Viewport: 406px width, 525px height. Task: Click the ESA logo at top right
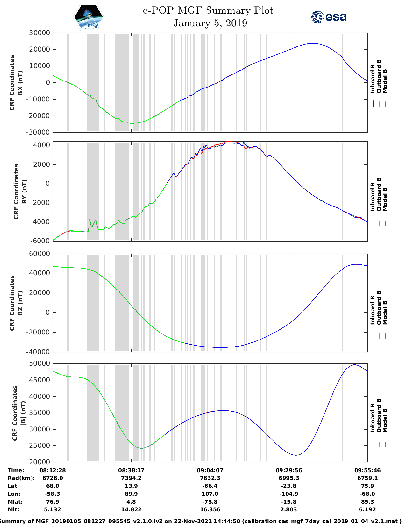click(x=329, y=17)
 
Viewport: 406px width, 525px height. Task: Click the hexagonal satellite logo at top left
click(x=89, y=17)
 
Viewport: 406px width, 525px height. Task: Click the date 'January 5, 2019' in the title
click(x=210, y=23)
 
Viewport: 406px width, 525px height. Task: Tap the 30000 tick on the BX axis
click(x=39, y=33)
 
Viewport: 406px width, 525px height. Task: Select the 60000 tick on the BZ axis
click(x=39, y=254)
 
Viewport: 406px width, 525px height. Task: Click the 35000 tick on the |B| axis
click(x=39, y=413)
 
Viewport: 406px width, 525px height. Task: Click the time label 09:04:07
click(x=210, y=470)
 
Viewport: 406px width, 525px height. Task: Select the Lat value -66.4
click(x=210, y=486)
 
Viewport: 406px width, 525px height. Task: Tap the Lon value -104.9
click(x=289, y=494)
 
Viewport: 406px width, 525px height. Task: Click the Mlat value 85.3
click(x=367, y=502)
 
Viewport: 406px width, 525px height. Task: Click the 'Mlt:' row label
click(x=13, y=509)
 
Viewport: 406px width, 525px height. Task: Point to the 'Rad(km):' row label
click(x=21, y=478)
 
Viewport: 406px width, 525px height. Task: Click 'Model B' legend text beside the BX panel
click(x=385, y=81)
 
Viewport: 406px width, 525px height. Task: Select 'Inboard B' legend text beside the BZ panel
click(x=373, y=310)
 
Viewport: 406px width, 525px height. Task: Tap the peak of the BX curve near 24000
click(x=313, y=43)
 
